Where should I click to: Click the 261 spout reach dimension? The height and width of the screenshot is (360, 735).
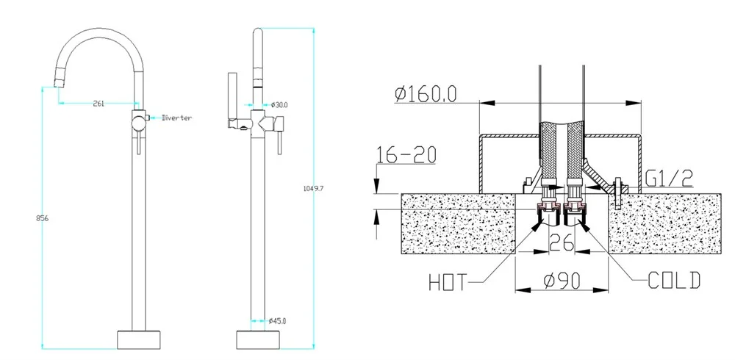(98, 104)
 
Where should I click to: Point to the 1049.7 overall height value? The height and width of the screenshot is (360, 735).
(313, 188)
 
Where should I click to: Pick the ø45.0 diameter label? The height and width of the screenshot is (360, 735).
(276, 320)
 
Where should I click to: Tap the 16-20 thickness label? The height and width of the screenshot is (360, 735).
(406, 156)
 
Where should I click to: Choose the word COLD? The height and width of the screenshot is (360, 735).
(674, 280)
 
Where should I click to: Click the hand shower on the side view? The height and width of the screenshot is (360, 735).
(232, 99)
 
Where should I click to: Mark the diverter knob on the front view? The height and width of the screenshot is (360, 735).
(147, 118)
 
